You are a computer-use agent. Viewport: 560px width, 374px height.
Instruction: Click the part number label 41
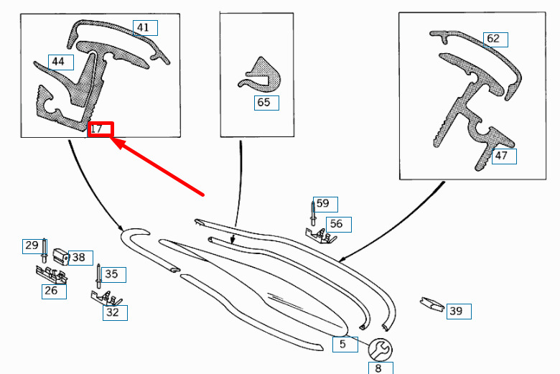click(144, 28)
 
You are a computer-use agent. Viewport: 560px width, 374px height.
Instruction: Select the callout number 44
click(58, 62)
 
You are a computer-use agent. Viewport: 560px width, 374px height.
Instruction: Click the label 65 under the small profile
click(263, 103)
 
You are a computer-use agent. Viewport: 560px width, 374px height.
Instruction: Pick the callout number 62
click(493, 39)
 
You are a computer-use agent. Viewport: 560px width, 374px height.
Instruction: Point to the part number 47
click(501, 155)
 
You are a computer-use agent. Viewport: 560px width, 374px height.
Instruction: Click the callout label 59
click(323, 204)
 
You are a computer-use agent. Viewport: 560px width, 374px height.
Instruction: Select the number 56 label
click(336, 224)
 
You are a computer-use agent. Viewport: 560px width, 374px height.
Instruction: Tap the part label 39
click(456, 311)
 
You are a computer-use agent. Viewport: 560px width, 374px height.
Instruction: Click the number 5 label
click(343, 345)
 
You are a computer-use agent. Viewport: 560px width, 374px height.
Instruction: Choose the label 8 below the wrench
click(378, 368)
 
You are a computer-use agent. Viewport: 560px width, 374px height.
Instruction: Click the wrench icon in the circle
click(380, 350)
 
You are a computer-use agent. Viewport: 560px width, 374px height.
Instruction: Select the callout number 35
click(111, 274)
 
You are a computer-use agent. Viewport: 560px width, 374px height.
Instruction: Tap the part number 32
click(113, 312)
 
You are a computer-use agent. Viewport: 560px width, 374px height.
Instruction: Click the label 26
click(52, 291)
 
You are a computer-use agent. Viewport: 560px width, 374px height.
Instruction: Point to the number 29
click(32, 246)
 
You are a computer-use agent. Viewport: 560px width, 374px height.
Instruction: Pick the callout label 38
click(78, 257)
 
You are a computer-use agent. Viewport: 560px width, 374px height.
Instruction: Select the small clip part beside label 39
click(430, 304)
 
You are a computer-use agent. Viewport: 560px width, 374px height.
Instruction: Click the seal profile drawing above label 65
click(260, 75)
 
